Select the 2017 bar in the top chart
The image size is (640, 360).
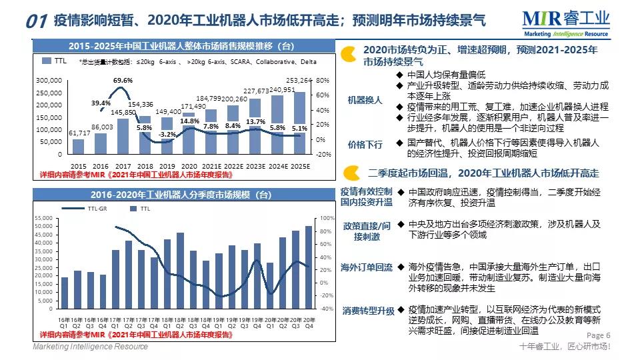[x=123, y=136]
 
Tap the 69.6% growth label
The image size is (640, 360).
[x=123, y=81]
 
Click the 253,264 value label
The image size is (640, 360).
[x=301, y=81]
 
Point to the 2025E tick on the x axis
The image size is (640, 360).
[x=301, y=165]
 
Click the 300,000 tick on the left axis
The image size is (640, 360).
[x=48, y=80]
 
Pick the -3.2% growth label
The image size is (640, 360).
[x=167, y=135]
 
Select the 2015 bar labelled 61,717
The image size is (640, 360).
[x=78, y=146]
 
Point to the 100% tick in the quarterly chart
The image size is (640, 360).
[x=327, y=218]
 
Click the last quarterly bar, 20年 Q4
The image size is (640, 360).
[x=309, y=267]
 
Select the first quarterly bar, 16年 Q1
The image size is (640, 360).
[x=65, y=293]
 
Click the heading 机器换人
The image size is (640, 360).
[x=365, y=100]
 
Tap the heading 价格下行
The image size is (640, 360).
[x=365, y=144]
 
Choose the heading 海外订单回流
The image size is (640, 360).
[x=367, y=267]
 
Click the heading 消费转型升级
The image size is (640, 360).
[x=369, y=311]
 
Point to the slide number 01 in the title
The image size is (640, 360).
[x=36, y=22]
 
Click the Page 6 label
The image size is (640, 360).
[x=598, y=335]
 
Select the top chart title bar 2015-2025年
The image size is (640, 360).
[x=181, y=46]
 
